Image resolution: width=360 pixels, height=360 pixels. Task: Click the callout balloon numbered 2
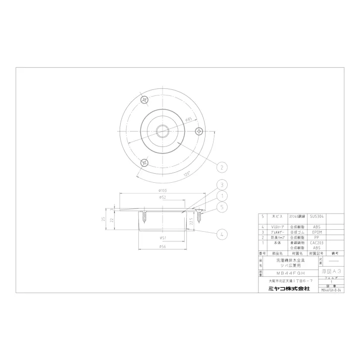pyautogui.click(x=220, y=167)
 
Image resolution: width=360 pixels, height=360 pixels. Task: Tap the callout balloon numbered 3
pyautogui.click(x=221, y=185)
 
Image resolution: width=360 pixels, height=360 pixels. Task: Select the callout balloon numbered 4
pyautogui.click(x=221, y=234)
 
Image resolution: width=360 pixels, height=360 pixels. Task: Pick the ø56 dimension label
pyautogui.click(x=163, y=246)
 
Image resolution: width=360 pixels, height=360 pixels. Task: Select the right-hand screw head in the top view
pyautogui.click(x=199, y=131)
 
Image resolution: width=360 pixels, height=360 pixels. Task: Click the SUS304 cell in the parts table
pyautogui.click(x=317, y=216)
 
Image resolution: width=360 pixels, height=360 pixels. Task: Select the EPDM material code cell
pyautogui.click(x=317, y=232)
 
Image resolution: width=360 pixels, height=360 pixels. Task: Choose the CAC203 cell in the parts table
pyautogui.click(x=317, y=243)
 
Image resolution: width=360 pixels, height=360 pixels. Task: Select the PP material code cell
pyautogui.click(x=317, y=237)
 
